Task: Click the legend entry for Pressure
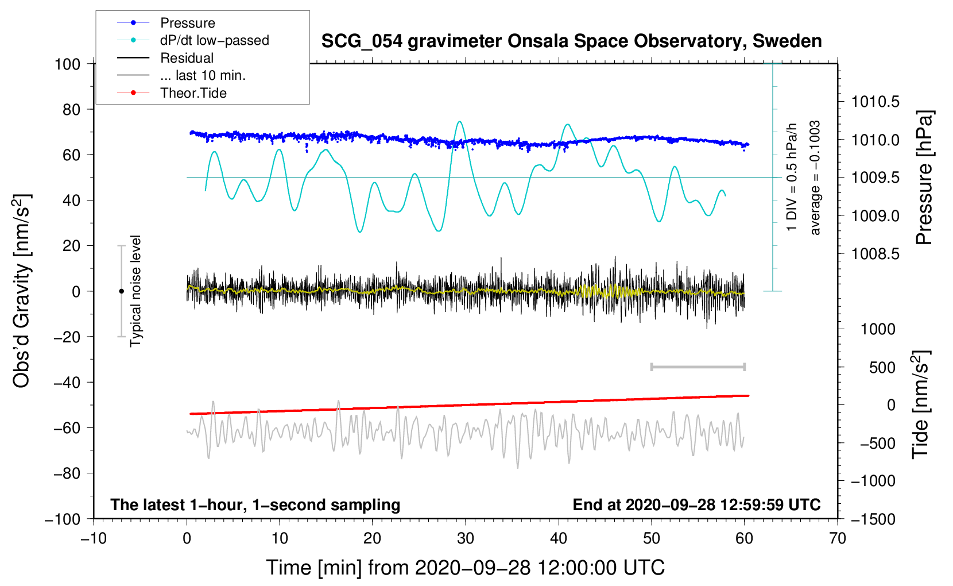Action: click(x=187, y=23)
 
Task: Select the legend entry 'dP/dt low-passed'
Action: click(x=214, y=40)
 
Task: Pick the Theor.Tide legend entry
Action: click(x=193, y=93)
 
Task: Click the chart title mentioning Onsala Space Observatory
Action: click(x=571, y=41)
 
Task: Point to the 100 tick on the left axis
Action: click(x=68, y=64)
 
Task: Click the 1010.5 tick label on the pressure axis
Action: click(x=875, y=102)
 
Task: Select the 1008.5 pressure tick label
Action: click(x=875, y=254)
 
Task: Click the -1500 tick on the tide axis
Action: click(x=873, y=519)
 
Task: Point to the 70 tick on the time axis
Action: click(x=838, y=538)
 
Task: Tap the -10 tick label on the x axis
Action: click(x=94, y=538)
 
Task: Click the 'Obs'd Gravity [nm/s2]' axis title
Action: click(x=21, y=291)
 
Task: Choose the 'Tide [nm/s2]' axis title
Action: click(x=920, y=406)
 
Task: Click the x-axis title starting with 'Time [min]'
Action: click(x=465, y=568)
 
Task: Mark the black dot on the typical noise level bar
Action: click(x=121, y=291)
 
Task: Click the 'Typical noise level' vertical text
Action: click(x=135, y=291)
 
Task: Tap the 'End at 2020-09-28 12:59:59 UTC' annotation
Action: click(x=696, y=505)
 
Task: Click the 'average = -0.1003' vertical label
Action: click(x=815, y=178)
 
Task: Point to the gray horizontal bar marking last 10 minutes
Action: click(x=698, y=367)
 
